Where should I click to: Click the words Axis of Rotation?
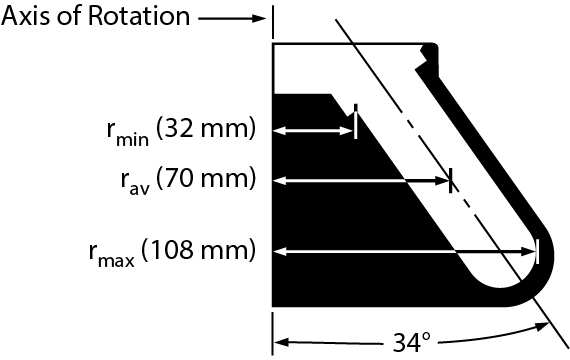tap(96, 17)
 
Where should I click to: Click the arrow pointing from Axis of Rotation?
tap(232, 17)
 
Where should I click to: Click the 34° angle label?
tap(410, 343)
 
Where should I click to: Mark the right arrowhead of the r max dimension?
tap(530, 250)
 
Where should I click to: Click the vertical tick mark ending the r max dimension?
tap(538, 250)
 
